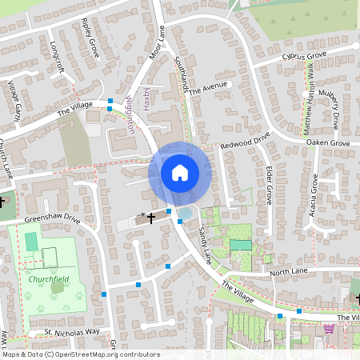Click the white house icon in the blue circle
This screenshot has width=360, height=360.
click(x=180, y=172)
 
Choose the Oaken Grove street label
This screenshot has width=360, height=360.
click(x=328, y=142)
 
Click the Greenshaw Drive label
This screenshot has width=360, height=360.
click(x=52, y=218)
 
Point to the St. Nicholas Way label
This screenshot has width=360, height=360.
click(x=71, y=330)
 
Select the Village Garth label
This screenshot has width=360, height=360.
click(x=14, y=99)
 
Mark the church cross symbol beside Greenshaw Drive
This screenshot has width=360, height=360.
click(x=150, y=217)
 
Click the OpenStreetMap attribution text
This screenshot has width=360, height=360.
click(x=80, y=354)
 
